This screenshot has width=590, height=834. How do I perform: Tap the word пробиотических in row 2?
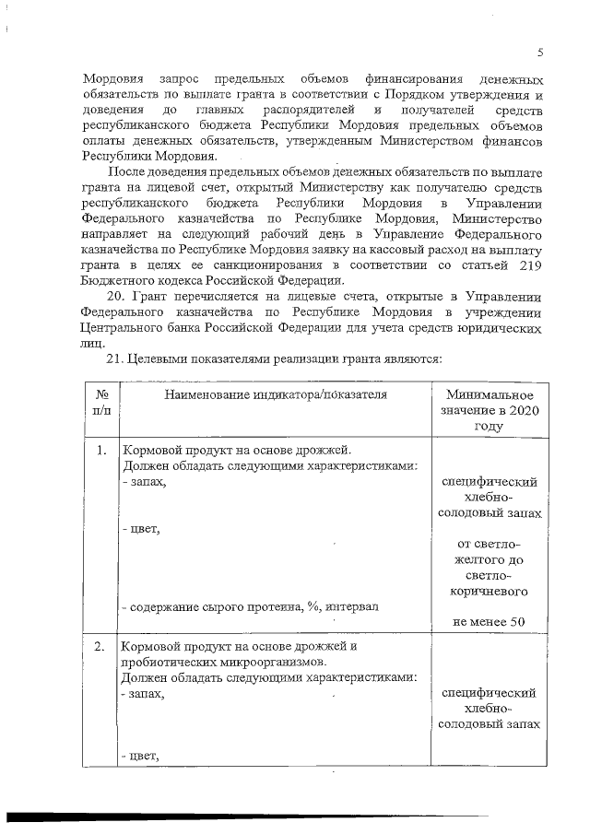(167, 661)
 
